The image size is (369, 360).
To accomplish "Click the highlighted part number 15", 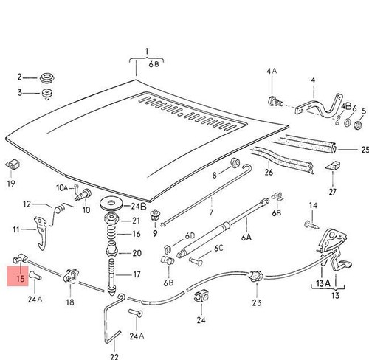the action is tap(21, 279).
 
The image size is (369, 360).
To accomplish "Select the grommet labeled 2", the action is tap(47, 77).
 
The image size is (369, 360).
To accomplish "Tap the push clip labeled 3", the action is tap(46, 94).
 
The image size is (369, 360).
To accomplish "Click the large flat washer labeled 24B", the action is tap(111, 203).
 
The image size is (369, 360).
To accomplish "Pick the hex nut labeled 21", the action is tap(111, 218).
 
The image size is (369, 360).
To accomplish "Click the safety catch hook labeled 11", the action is tap(41, 231).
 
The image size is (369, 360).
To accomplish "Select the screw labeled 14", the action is tap(311, 225).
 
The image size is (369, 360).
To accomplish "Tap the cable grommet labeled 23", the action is tap(256, 276).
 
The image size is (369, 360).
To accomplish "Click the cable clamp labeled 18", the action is tap(71, 276).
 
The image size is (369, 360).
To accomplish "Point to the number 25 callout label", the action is tap(365, 150).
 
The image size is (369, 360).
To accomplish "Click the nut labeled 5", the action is tap(358, 125).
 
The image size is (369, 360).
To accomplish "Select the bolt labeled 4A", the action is tap(275, 102).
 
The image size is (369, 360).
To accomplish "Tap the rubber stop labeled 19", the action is tap(13, 165).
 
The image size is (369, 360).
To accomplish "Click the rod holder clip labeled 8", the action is tap(235, 163).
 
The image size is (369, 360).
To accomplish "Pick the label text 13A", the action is tap(323, 283).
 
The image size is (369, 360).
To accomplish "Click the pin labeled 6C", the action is tap(196, 261).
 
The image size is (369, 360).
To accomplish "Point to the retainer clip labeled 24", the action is tap(201, 297).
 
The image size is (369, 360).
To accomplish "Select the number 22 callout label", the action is tap(114, 356).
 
